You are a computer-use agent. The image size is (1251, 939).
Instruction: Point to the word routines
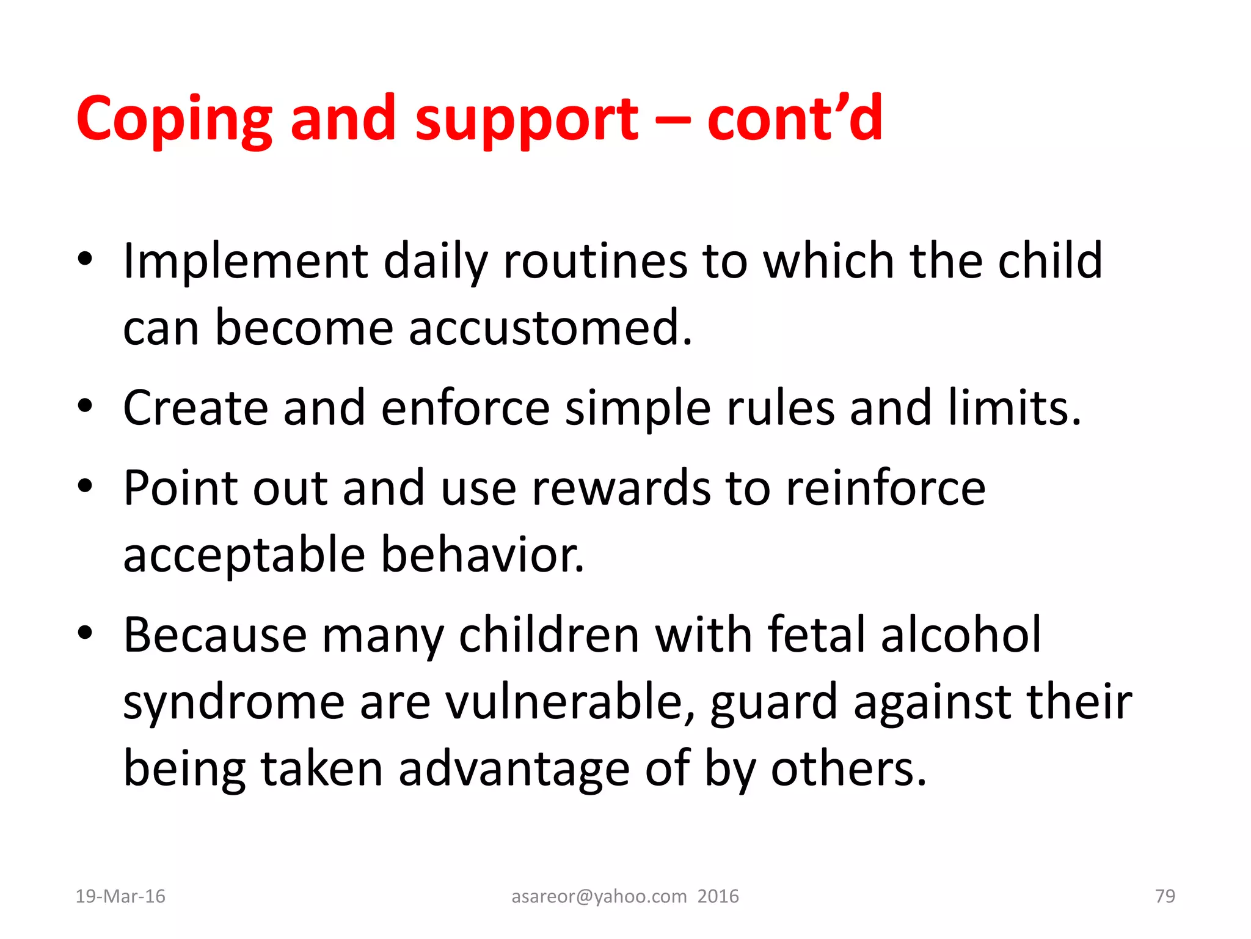(x=595, y=262)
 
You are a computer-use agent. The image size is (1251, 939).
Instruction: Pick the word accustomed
(x=550, y=328)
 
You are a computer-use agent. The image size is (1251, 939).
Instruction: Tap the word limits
(x=1014, y=408)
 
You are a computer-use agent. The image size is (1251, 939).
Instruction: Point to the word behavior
(x=483, y=554)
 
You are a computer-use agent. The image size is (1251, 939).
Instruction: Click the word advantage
(x=514, y=768)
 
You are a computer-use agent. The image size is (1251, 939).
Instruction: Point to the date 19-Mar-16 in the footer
(x=120, y=896)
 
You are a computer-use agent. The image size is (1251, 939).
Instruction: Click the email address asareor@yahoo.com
(x=599, y=896)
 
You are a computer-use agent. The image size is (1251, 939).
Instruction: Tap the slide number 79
(x=1165, y=896)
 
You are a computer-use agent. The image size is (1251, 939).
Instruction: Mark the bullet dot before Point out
(x=85, y=486)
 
